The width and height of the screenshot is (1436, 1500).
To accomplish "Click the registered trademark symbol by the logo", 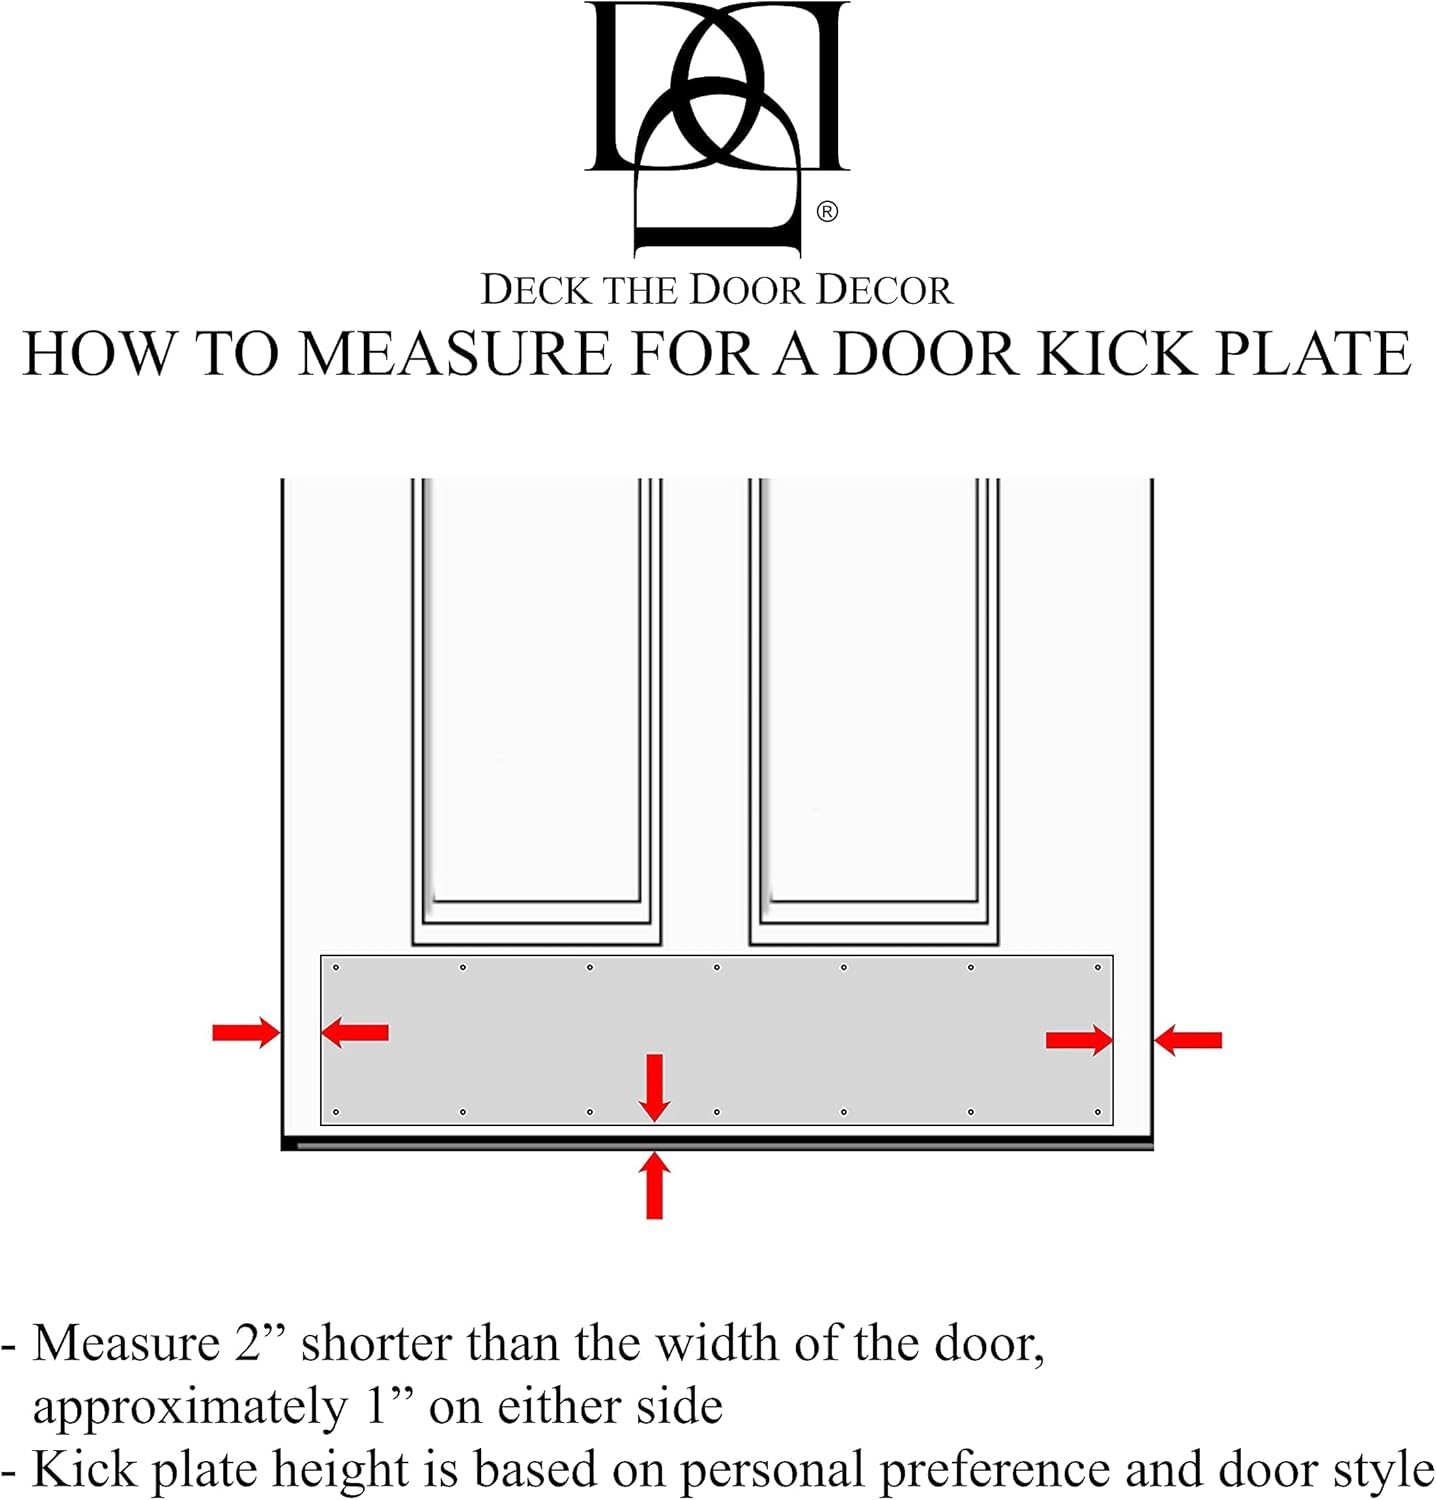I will (827, 211).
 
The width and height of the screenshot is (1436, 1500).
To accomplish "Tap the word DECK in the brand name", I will (536, 290).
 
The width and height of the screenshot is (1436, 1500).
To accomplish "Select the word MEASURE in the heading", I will (454, 354).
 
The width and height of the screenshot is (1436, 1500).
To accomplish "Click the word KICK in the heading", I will (1115, 354).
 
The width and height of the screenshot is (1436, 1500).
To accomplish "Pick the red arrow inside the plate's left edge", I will (355, 1032).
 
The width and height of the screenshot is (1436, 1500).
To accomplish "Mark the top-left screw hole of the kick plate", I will (336, 967).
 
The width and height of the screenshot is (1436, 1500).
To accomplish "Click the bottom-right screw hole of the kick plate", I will (1097, 1112).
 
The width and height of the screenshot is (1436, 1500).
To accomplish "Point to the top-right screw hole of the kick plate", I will (1097, 967).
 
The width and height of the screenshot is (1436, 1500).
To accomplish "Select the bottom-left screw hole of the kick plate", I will (336, 1112).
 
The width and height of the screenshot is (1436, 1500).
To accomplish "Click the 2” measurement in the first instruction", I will (261, 1342).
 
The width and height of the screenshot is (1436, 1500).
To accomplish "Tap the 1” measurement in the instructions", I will (390, 1406).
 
